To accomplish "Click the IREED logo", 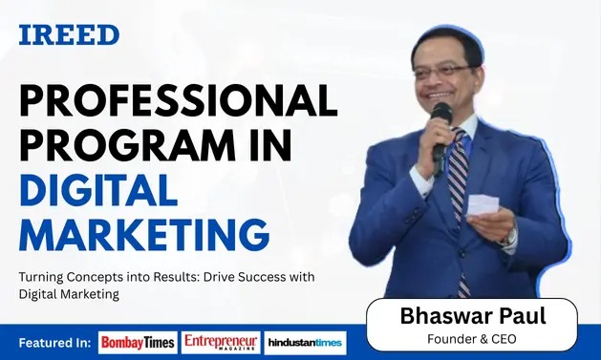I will point(69,35).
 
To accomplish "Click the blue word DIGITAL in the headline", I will point(98,190).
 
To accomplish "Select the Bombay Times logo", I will point(138,342).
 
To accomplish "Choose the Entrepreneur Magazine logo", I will point(222,342).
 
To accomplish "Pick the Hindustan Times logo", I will point(305,342).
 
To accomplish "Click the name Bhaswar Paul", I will point(472,316).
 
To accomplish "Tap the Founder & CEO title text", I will point(472,338).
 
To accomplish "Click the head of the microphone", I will point(441,114).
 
